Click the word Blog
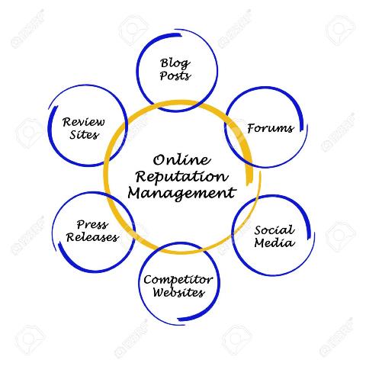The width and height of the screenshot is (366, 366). [x=175, y=64]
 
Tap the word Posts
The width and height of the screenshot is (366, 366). [x=175, y=76]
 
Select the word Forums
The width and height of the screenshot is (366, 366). [x=271, y=128]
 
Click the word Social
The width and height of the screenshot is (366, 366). [x=274, y=230]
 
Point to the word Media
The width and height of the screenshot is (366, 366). [x=274, y=243]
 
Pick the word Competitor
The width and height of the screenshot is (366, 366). [x=178, y=281]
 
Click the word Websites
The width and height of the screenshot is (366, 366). [x=178, y=293]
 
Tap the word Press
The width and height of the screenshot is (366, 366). [x=92, y=225]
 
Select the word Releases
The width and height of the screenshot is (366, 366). [x=92, y=237]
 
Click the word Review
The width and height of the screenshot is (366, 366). [x=83, y=122]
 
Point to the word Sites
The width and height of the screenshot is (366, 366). [x=84, y=135]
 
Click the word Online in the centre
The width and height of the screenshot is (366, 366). [x=182, y=160]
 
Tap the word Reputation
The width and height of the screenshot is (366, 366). [x=182, y=177]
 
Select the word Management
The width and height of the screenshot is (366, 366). [x=182, y=194]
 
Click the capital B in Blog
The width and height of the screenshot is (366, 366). [x=165, y=63]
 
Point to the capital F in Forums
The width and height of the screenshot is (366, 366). [x=252, y=128]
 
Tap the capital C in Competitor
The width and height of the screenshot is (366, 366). [x=148, y=280]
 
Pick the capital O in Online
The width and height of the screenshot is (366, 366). [x=159, y=160]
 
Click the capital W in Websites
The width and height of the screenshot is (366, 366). [x=159, y=293]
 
